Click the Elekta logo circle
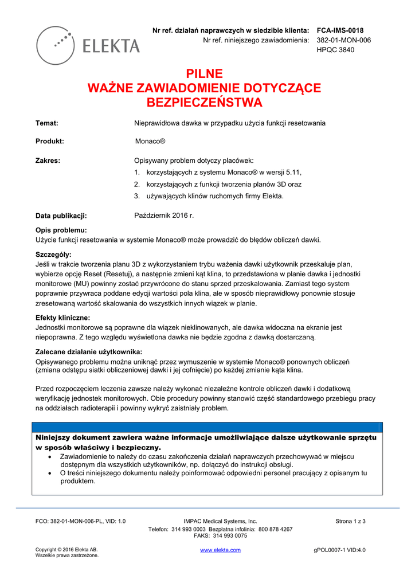[56, 45]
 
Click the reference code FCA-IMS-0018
[340, 30]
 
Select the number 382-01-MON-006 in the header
[343, 40]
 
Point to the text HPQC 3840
[335, 50]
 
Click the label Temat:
[47, 123]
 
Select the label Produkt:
[50, 141]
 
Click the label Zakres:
[48, 161]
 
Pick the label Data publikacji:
[61, 216]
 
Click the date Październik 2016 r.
[164, 216]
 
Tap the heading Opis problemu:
[61, 230]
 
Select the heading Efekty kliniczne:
[62, 318]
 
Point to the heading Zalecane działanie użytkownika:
[89, 352]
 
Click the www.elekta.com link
[220, 550]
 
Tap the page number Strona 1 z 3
[350, 521]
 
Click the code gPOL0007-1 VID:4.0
[339, 550]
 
